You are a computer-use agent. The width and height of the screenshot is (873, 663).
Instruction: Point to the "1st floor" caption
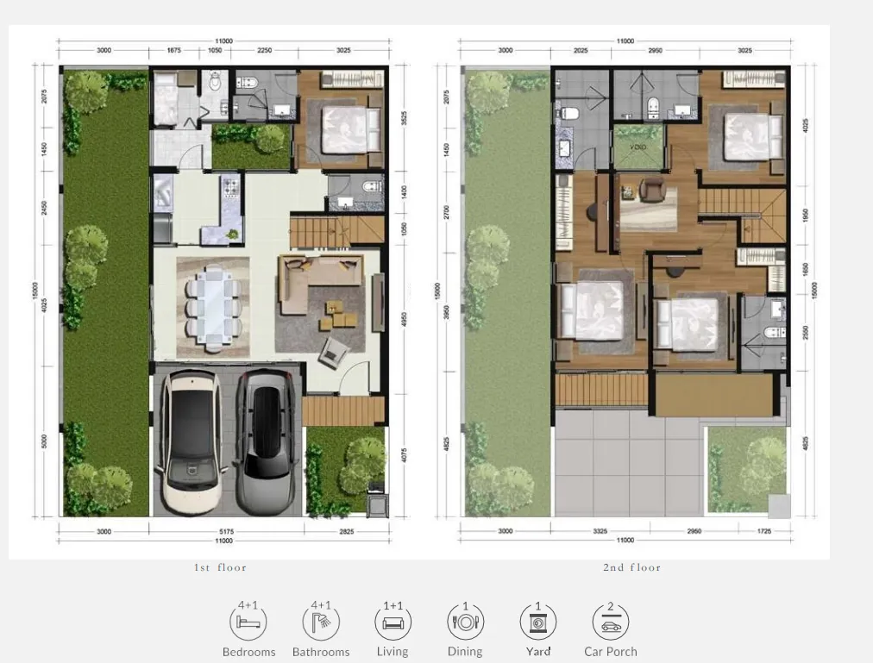[220, 567]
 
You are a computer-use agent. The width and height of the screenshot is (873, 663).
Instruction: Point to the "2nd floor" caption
[631, 567]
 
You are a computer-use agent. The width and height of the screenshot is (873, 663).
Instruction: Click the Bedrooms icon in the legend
[248, 622]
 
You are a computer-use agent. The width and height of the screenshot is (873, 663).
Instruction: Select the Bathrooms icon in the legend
[321, 622]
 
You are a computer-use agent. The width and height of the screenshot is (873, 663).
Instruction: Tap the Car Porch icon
[610, 622]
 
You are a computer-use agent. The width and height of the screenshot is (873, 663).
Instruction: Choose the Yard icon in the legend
[537, 622]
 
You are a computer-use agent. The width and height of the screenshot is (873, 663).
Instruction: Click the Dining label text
[465, 652]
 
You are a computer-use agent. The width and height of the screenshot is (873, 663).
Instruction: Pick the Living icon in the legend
[393, 622]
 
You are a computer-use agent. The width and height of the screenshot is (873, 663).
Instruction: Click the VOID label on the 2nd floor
[637, 147]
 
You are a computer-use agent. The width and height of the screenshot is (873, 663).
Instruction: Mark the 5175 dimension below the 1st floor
[226, 532]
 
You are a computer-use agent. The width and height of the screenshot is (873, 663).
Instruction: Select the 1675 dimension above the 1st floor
[173, 50]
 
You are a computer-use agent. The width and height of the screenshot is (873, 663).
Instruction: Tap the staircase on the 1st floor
[336, 230]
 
